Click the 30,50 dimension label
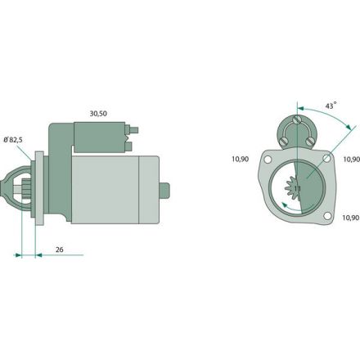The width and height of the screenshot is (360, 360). [99, 114]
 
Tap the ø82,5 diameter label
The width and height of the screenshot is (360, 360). [13, 141]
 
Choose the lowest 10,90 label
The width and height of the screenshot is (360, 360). [351, 218]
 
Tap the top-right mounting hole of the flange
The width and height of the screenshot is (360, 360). [326, 158]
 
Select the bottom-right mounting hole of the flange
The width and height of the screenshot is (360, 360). [327, 217]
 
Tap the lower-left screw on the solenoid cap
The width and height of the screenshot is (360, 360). [284, 142]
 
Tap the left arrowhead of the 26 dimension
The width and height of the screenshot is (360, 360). [19, 254]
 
